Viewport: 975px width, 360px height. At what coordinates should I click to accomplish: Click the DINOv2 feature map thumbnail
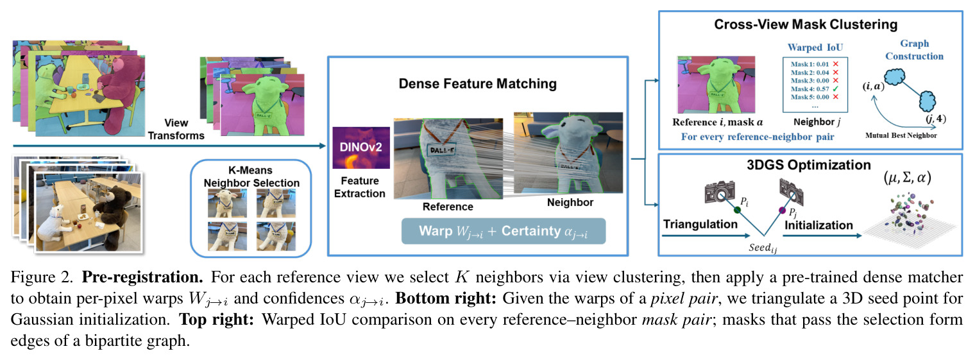[x=361, y=148]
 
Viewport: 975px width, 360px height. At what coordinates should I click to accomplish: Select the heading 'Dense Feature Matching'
[x=477, y=83]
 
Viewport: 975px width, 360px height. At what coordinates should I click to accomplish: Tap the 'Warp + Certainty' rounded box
[x=503, y=231]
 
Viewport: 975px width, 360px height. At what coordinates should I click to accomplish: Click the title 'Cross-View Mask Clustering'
[x=806, y=24]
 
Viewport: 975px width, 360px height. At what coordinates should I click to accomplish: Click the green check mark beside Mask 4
[x=835, y=89]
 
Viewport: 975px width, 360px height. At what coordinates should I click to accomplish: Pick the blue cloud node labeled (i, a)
[x=894, y=77]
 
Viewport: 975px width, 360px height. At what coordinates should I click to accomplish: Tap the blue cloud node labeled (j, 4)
[x=927, y=101]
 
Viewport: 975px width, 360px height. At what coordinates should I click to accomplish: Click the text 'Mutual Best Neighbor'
[x=901, y=135]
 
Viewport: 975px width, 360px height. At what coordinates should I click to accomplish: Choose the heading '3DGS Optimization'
[x=809, y=165]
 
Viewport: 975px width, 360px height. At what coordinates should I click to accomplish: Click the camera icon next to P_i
[x=719, y=191]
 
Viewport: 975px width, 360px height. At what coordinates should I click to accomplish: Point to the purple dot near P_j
[x=782, y=210]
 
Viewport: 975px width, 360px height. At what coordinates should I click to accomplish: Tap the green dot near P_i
[x=737, y=210]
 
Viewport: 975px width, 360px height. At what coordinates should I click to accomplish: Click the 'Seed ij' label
[x=763, y=248]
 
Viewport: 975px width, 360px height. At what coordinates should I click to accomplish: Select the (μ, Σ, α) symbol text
[x=907, y=178]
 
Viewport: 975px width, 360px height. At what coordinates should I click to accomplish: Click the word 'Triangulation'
[x=700, y=224]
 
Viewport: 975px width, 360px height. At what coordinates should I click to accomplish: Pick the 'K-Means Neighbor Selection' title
[x=251, y=176]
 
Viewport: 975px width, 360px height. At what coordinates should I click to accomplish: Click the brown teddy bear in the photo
[x=114, y=205]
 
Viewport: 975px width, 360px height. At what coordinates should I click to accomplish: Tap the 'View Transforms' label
[x=176, y=129]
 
